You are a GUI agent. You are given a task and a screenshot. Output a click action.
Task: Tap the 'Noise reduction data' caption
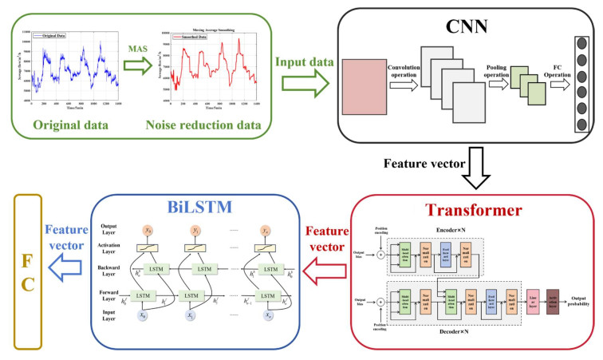pos(210,125)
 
